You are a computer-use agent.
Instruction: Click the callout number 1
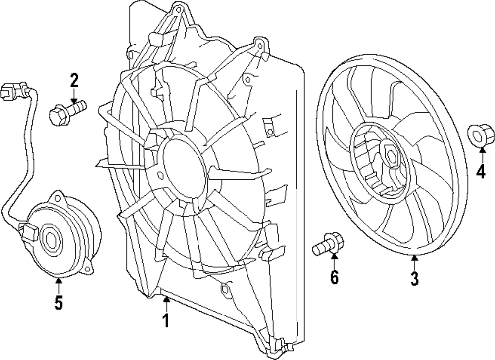[x=166, y=321]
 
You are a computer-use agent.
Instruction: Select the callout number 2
[x=74, y=79]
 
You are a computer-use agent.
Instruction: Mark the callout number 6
[x=334, y=278]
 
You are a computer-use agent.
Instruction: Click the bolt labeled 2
[x=67, y=111]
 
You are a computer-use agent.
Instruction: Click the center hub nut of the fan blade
[x=390, y=157]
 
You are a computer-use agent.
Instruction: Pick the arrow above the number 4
[x=481, y=154]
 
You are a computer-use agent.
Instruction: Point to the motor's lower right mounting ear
[x=88, y=268]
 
